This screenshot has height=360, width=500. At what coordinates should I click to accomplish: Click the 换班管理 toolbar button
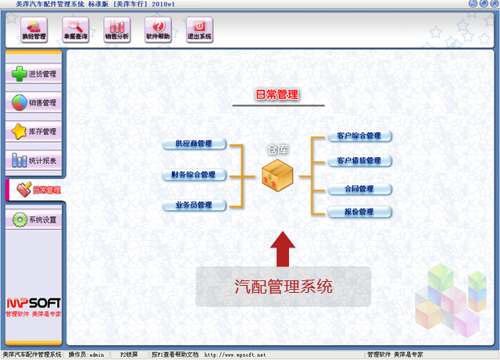pyautogui.click(x=34, y=30)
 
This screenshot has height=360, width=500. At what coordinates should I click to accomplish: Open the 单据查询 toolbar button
pyautogui.click(x=75, y=30)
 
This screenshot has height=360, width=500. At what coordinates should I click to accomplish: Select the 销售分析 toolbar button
pyautogui.click(x=116, y=30)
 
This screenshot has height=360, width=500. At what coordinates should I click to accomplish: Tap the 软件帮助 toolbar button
pyautogui.click(x=157, y=30)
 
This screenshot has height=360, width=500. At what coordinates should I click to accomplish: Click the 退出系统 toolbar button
pyautogui.click(x=198, y=30)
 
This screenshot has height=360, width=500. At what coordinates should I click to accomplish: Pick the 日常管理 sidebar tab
pyautogui.click(x=35, y=190)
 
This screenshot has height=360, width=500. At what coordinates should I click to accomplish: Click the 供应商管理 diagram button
pyautogui.click(x=194, y=144)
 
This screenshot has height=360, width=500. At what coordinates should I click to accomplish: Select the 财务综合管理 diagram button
pyautogui.click(x=194, y=175)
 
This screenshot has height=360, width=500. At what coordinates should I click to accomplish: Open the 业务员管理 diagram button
pyautogui.click(x=194, y=205)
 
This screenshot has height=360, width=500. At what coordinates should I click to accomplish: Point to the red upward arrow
pyautogui.click(x=283, y=249)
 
